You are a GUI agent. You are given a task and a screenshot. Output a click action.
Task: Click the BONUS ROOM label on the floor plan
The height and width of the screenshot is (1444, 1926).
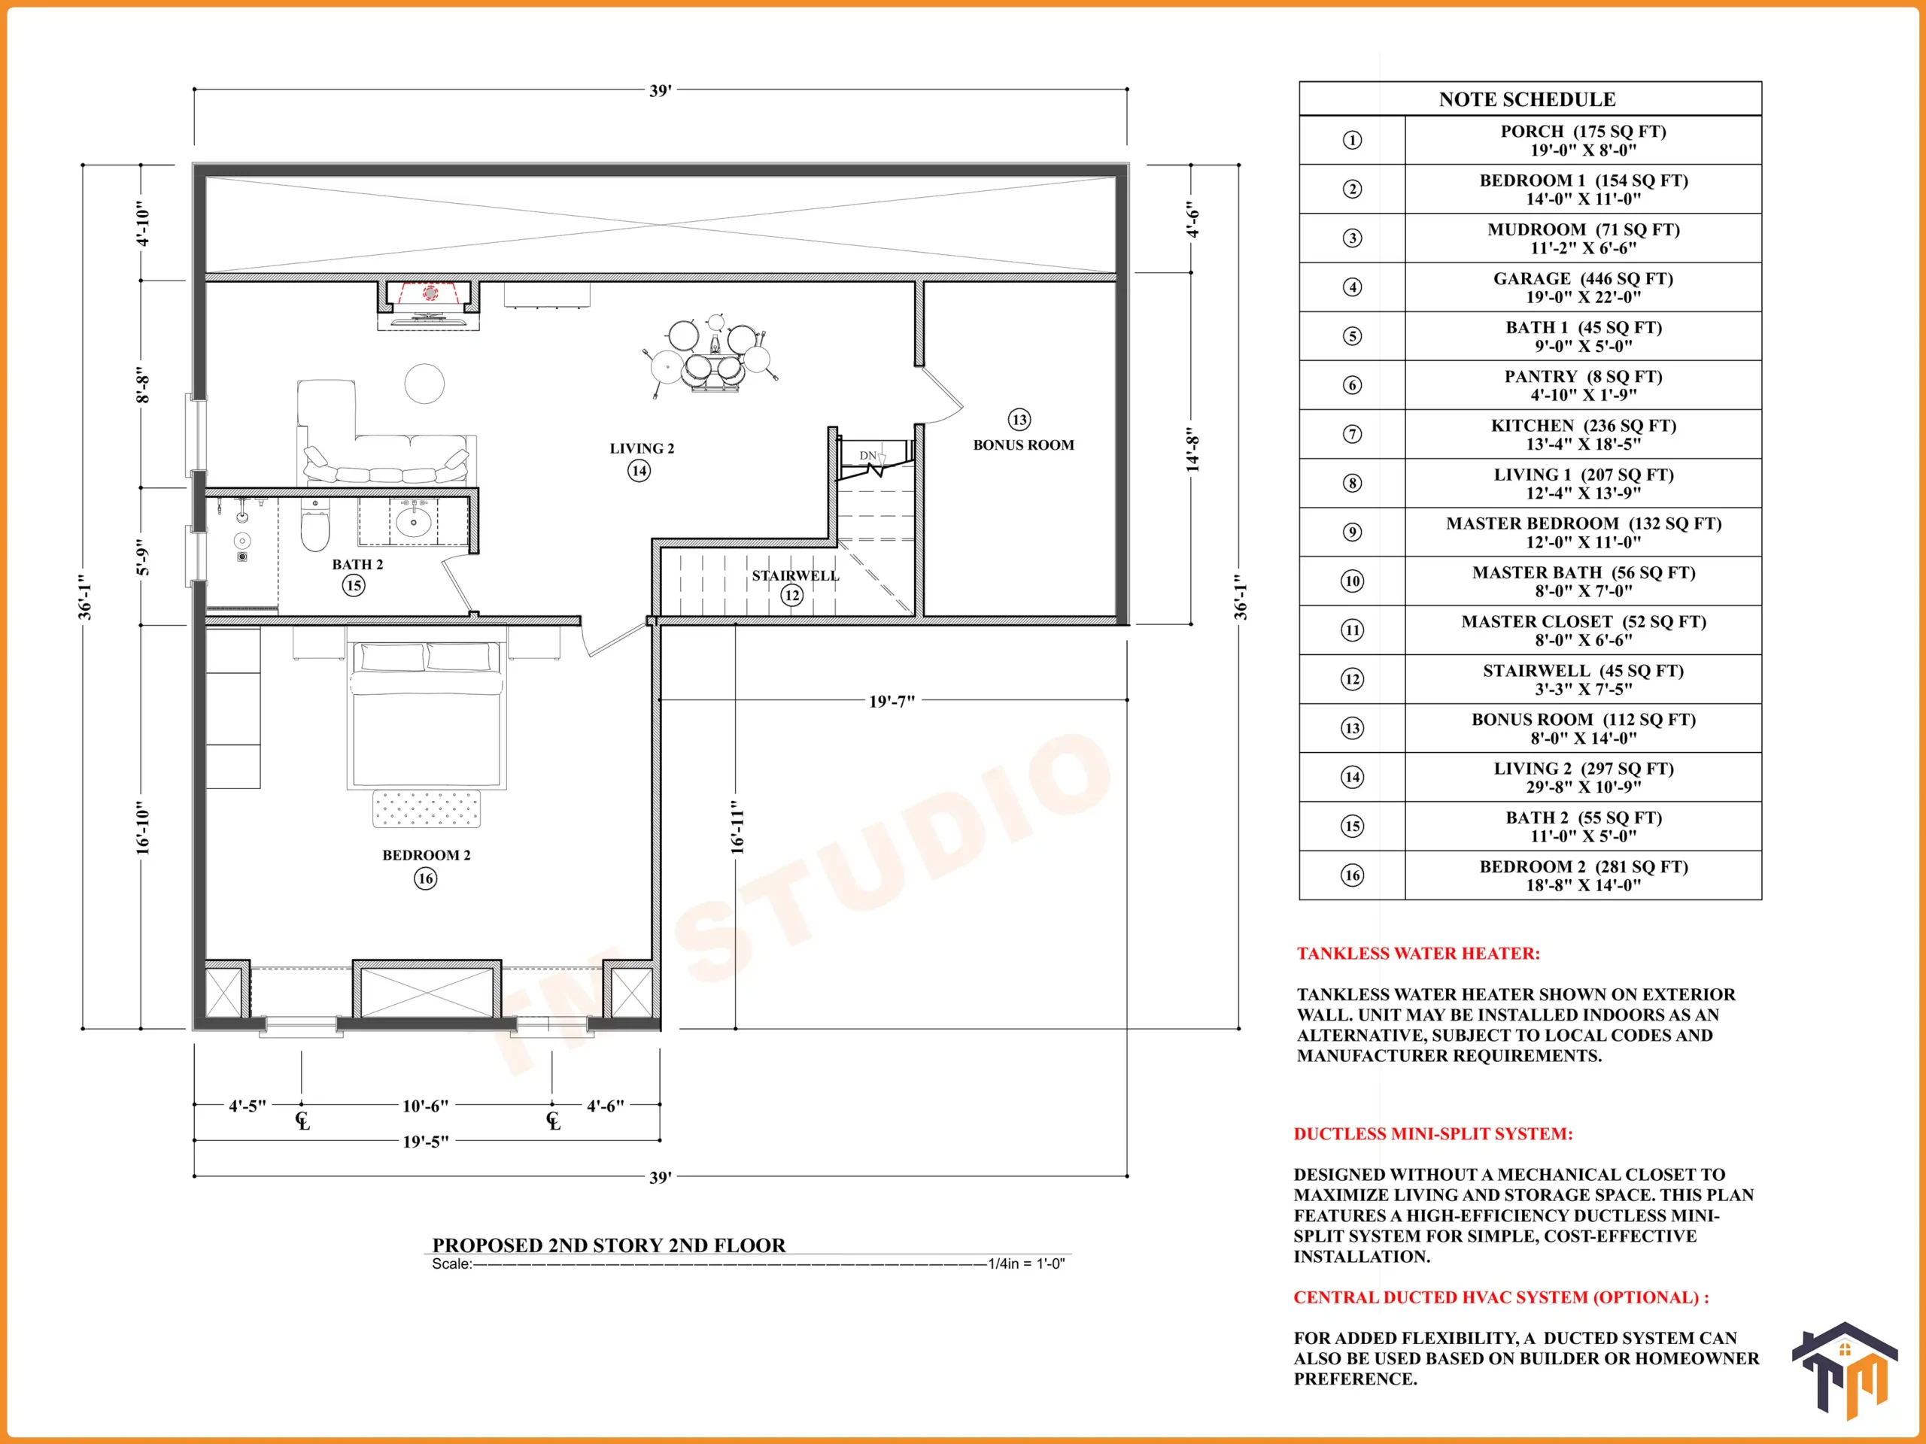(1023, 444)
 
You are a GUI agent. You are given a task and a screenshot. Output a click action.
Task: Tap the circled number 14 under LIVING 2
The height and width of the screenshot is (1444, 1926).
(639, 471)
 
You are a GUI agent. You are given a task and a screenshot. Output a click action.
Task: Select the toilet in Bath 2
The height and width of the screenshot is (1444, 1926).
(315, 525)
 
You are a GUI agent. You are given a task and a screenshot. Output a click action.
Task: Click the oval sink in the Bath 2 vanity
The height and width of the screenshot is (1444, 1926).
(413, 522)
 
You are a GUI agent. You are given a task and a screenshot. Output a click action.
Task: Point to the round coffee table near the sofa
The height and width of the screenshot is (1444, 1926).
(424, 383)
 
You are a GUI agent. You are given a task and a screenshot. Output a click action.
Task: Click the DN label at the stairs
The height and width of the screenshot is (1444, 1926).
(868, 455)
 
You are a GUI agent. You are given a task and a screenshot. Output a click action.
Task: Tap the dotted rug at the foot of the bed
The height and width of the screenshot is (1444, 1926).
(427, 808)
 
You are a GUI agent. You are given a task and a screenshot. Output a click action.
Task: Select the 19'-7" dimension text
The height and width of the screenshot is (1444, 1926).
(892, 702)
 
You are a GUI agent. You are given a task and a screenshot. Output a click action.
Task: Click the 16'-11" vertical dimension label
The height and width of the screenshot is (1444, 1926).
(737, 828)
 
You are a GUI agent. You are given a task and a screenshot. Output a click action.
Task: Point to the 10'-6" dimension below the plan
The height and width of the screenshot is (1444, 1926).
(425, 1106)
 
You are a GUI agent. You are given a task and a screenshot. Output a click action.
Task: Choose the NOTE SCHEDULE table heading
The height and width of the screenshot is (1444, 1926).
(1527, 99)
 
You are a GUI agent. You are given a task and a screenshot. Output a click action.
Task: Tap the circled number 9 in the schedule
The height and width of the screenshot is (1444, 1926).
(1352, 532)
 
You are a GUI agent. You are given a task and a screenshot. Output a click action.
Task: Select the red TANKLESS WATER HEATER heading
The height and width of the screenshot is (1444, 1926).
(1418, 953)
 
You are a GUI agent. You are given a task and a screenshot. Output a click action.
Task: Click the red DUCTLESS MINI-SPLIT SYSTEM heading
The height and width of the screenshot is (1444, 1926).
(1433, 1133)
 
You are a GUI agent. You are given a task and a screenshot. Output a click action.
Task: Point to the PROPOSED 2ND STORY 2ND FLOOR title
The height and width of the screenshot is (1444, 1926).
(609, 1245)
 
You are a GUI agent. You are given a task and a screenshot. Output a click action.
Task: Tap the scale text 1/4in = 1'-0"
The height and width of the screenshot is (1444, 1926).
(1025, 1263)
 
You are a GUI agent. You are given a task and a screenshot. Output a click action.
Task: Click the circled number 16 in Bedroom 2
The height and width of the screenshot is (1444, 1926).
(426, 878)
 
